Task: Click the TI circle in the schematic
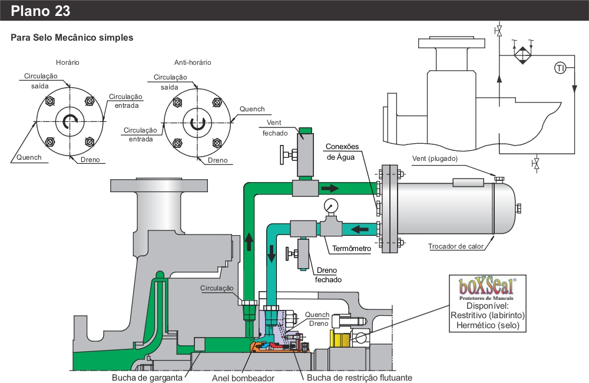(x=560, y=68)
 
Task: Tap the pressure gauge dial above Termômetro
(x=330, y=206)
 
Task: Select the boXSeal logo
(x=487, y=289)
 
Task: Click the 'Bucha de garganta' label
(x=147, y=377)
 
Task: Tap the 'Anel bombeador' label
(x=243, y=377)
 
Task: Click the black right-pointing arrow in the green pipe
(x=330, y=189)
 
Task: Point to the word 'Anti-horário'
(x=193, y=62)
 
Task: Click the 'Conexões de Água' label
(x=342, y=151)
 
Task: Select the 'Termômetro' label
(x=352, y=249)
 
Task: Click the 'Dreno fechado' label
(x=327, y=276)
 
